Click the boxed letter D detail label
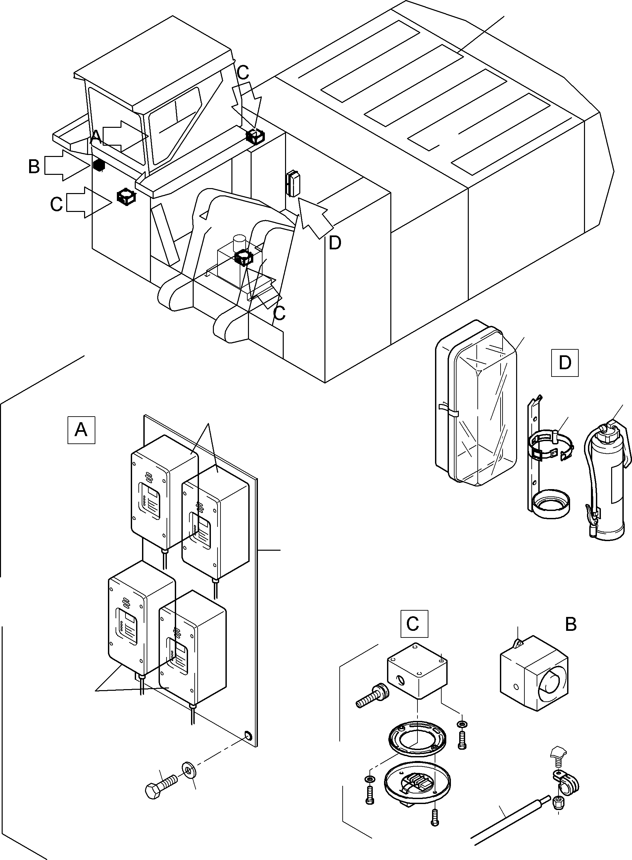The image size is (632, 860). click(x=565, y=363)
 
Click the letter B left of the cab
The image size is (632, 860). click(x=34, y=167)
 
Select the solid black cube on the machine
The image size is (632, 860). click(x=99, y=165)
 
